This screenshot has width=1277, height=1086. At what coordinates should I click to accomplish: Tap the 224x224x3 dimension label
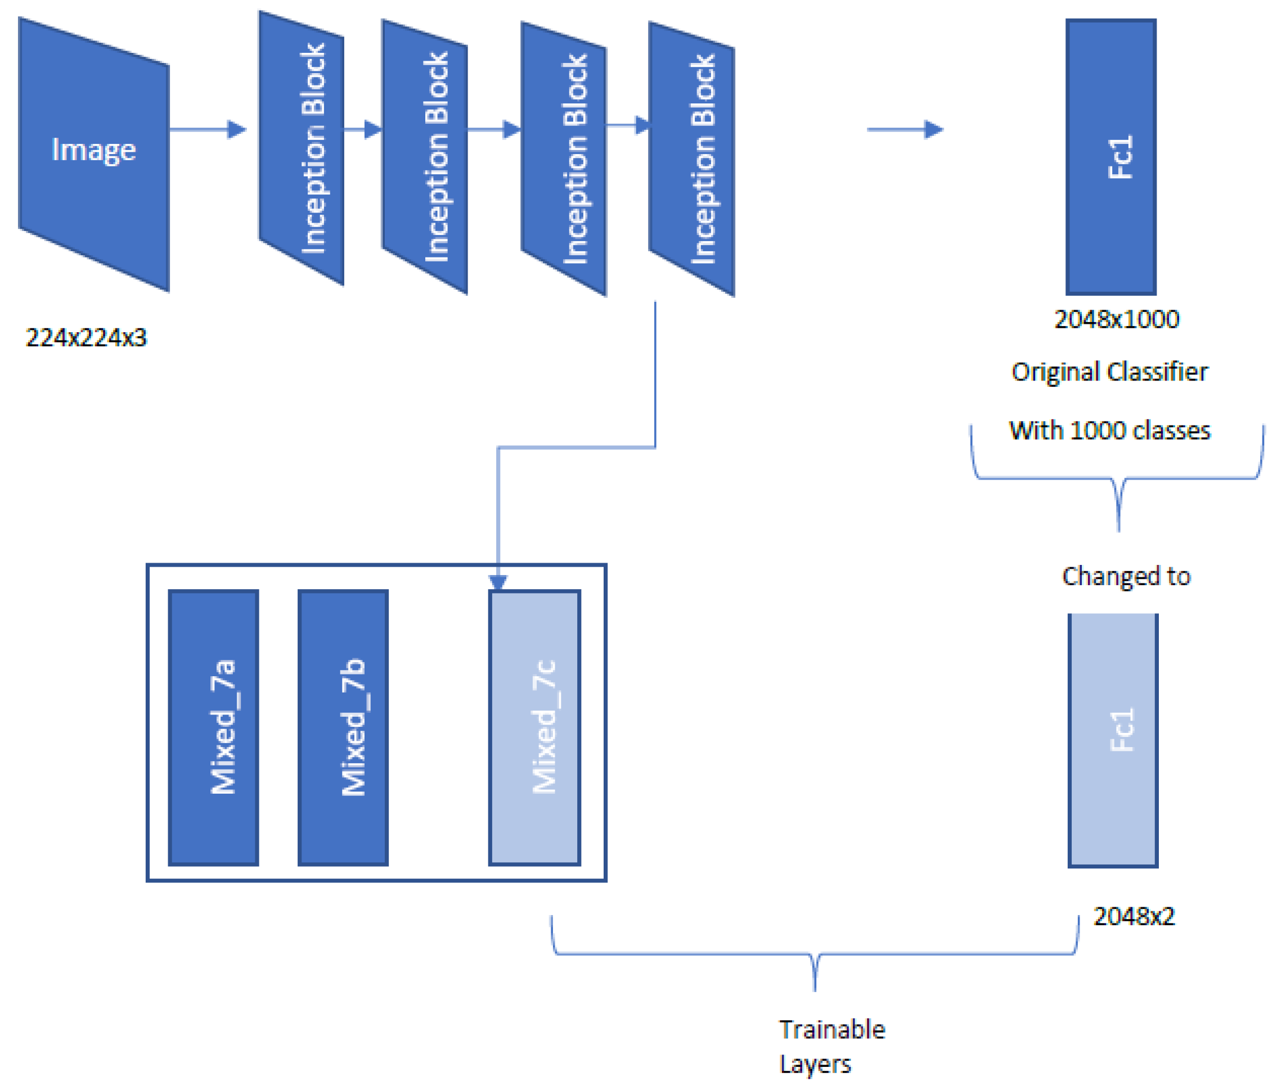click(86, 337)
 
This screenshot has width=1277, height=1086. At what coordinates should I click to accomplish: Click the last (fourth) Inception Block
click(691, 159)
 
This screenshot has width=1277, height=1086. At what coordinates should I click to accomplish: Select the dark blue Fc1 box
click(1110, 157)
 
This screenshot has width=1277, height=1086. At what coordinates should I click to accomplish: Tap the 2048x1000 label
click(1116, 319)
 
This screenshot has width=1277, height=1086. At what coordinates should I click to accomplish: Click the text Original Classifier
click(1109, 372)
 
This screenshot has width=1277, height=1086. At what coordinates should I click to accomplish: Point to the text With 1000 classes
click(1109, 431)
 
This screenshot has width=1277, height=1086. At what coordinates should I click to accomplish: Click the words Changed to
click(1126, 576)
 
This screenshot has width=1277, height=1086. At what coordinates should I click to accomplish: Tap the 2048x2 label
click(1134, 917)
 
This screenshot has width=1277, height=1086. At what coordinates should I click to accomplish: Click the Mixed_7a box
click(213, 727)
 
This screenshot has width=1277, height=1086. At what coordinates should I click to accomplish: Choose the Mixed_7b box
click(343, 727)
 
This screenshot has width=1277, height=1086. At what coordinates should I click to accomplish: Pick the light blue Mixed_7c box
click(534, 727)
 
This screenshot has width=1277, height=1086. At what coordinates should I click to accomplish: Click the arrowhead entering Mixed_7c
click(498, 582)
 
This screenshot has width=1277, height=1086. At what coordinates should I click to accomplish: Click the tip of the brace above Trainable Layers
click(815, 989)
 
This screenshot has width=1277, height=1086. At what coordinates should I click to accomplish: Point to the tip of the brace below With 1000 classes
click(1118, 530)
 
